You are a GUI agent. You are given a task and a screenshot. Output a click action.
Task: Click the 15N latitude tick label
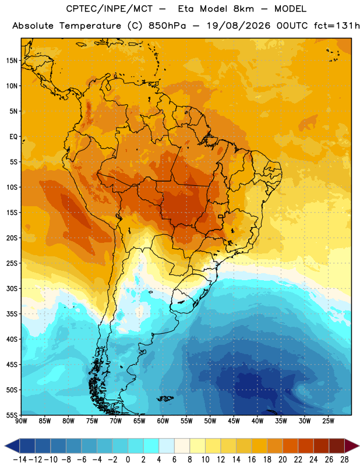coord(12,61)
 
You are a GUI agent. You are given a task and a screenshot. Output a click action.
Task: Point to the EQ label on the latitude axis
coord(13,137)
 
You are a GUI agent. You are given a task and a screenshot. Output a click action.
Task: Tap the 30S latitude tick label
coord(12,288)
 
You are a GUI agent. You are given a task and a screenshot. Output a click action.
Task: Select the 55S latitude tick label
coord(12,415)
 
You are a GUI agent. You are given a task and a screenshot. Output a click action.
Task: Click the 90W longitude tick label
coord(21,421)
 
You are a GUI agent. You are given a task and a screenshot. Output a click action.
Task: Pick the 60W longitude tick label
coord(163,421)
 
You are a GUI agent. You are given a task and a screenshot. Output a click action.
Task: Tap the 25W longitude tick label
coord(328,421)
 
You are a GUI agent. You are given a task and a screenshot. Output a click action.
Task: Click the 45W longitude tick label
coord(234,421)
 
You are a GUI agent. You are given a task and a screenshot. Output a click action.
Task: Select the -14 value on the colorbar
coord(20,460)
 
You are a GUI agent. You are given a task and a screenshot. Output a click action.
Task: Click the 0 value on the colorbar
coord(128,460)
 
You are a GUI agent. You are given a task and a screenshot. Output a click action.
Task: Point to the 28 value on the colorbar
coord(344,460)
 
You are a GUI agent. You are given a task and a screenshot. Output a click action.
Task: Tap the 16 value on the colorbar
coord(252,460)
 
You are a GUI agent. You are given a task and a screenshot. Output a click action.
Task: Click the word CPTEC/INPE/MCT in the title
coord(110,9)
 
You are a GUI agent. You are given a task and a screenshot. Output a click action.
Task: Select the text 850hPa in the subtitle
coord(167,26)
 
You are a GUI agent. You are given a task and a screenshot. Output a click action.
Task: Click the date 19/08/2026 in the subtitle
coord(238,26)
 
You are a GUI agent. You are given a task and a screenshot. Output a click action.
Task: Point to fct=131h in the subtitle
coord(337,26)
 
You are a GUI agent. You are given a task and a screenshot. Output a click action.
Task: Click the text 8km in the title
coord(243,9)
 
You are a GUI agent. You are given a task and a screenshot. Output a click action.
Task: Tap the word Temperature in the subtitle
coord(90,26)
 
